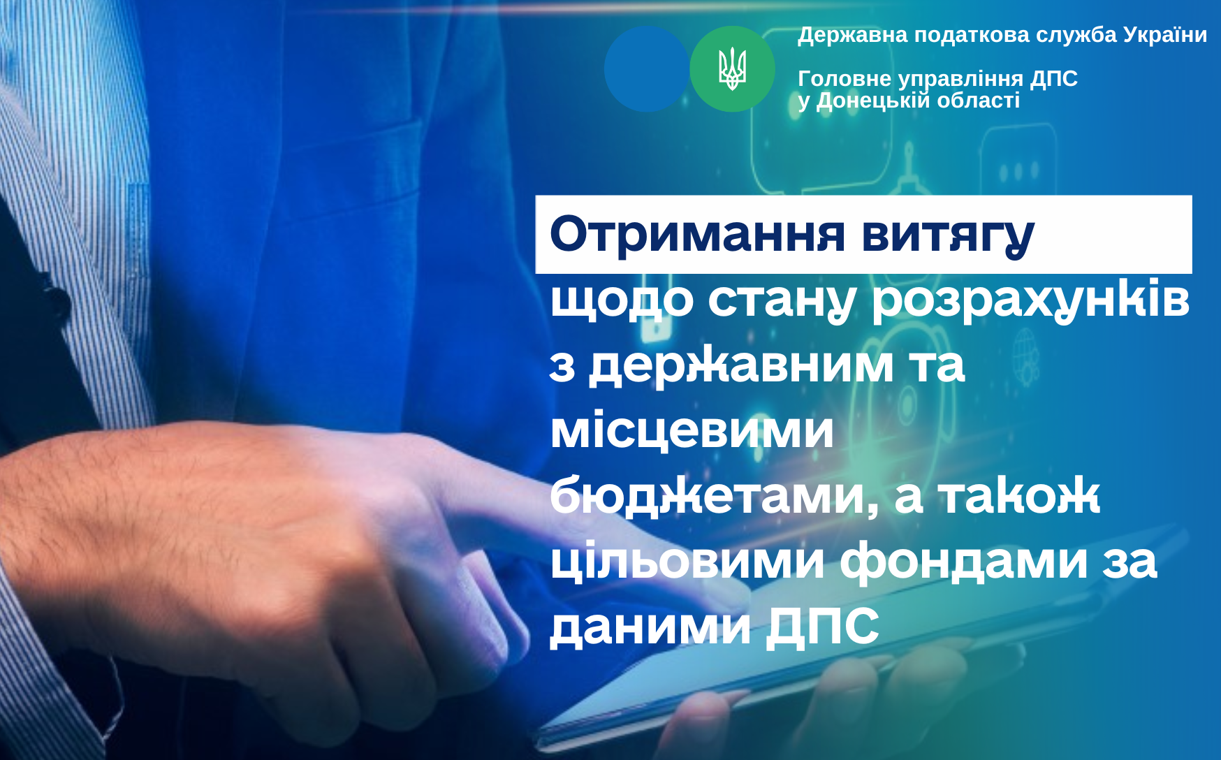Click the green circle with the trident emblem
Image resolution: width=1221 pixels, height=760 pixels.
click(732, 69)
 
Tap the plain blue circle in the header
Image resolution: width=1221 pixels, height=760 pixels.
click(647, 69)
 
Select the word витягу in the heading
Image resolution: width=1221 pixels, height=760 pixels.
click(948, 236)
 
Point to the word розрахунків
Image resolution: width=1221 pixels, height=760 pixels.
click(1031, 300)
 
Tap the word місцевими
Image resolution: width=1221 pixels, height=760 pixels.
click(692, 430)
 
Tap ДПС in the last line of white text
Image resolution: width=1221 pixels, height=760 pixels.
click(823, 627)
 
